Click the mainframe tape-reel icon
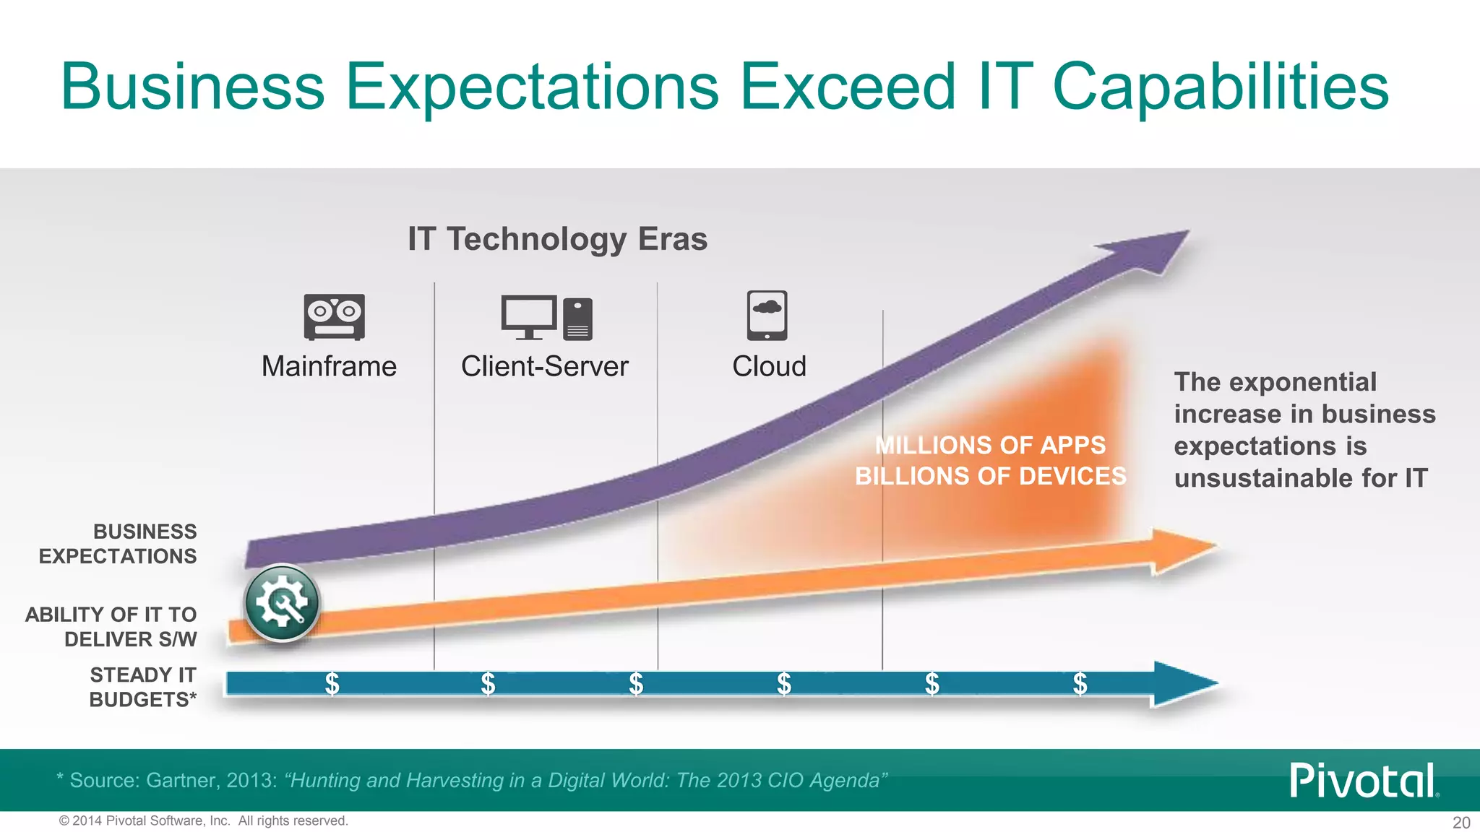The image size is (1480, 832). coord(334,316)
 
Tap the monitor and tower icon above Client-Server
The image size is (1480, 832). coord(546,318)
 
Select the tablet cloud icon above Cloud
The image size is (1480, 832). coord(767,316)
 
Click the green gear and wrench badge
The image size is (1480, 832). coord(282,603)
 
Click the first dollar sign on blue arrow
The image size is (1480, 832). coord(332,682)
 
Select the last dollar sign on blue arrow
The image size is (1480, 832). coord(1080,682)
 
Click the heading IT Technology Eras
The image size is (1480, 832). coord(557,239)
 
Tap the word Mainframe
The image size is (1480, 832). coord(329,366)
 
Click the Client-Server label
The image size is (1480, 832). coord(545,366)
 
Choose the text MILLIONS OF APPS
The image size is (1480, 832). coord(990,445)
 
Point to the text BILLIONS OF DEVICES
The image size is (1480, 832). coord(990,476)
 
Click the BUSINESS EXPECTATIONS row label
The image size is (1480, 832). coord(118,544)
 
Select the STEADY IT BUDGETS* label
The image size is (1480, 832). coord(142,687)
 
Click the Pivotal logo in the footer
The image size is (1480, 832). coord(1363,780)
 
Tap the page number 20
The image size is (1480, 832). coord(1460,823)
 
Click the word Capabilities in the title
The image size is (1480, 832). coord(1220,87)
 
